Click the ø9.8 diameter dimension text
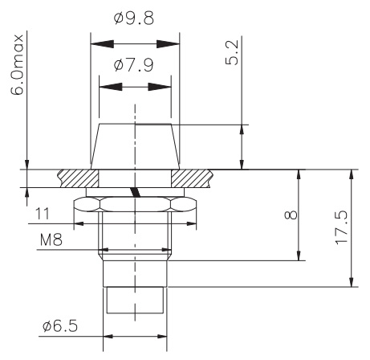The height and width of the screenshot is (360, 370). (135, 18)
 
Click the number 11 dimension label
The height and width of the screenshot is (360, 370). (45, 214)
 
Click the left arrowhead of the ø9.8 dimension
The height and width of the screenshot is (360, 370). (98, 43)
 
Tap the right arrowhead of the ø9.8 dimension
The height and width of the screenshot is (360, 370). (171, 43)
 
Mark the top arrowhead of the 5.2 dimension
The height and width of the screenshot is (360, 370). (242, 131)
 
